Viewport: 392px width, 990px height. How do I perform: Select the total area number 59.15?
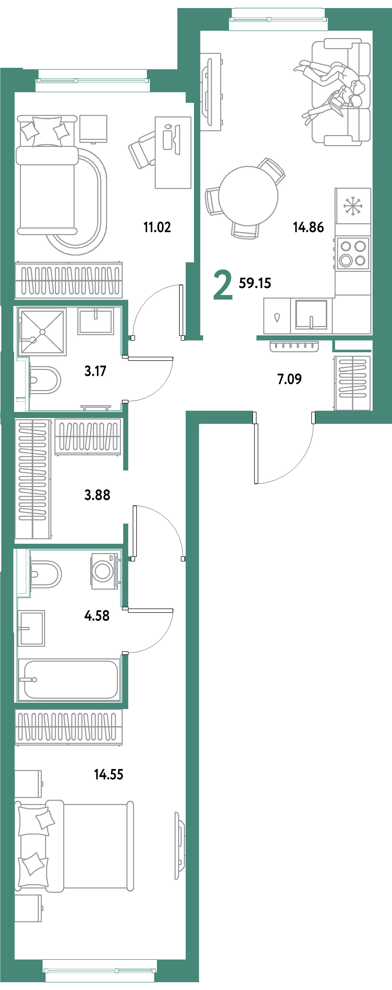click(255, 283)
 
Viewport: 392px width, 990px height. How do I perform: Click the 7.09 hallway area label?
click(289, 379)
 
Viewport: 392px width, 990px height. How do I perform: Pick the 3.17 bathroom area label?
click(95, 371)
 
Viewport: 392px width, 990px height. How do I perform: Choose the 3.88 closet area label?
click(97, 495)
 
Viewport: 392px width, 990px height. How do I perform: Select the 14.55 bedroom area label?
click(109, 774)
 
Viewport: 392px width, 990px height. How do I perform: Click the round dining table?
click(248, 196)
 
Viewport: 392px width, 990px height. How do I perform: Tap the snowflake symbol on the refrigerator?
click(353, 206)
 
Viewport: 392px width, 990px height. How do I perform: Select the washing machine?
click(104, 571)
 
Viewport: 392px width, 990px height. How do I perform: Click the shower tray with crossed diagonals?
click(42, 332)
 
